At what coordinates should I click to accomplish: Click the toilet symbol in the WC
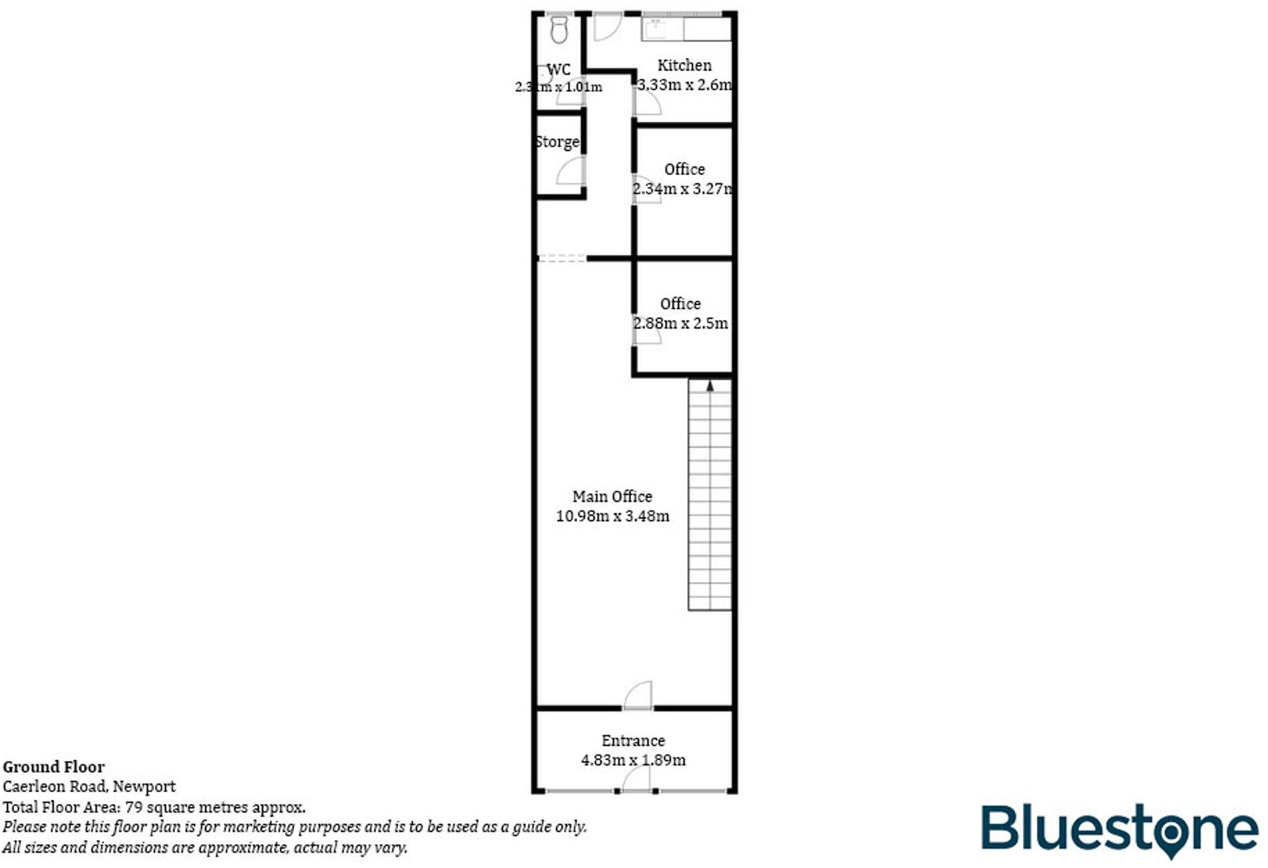[x=558, y=29]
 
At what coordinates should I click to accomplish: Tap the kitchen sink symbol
[x=655, y=29]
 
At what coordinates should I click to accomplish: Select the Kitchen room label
[x=684, y=65]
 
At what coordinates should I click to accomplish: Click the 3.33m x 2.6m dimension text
[x=684, y=85]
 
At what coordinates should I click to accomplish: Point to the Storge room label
[x=557, y=142]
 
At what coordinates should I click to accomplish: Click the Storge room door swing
[x=571, y=172]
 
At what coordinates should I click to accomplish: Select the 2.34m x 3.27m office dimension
[x=682, y=189]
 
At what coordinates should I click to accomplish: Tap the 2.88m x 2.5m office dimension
[x=680, y=324]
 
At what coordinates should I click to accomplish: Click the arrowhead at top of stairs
[x=710, y=385]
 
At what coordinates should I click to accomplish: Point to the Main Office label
[x=612, y=497]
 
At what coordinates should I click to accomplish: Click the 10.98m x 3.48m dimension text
[x=612, y=516]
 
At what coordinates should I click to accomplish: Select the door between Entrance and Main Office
[x=638, y=696]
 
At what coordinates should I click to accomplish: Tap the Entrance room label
[x=632, y=741]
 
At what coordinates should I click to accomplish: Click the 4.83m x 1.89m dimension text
[x=632, y=760]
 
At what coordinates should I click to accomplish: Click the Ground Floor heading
[x=53, y=767]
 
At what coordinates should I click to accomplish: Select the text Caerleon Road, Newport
[x=89, y=787]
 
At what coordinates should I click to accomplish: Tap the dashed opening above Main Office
[x=561, y=258]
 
